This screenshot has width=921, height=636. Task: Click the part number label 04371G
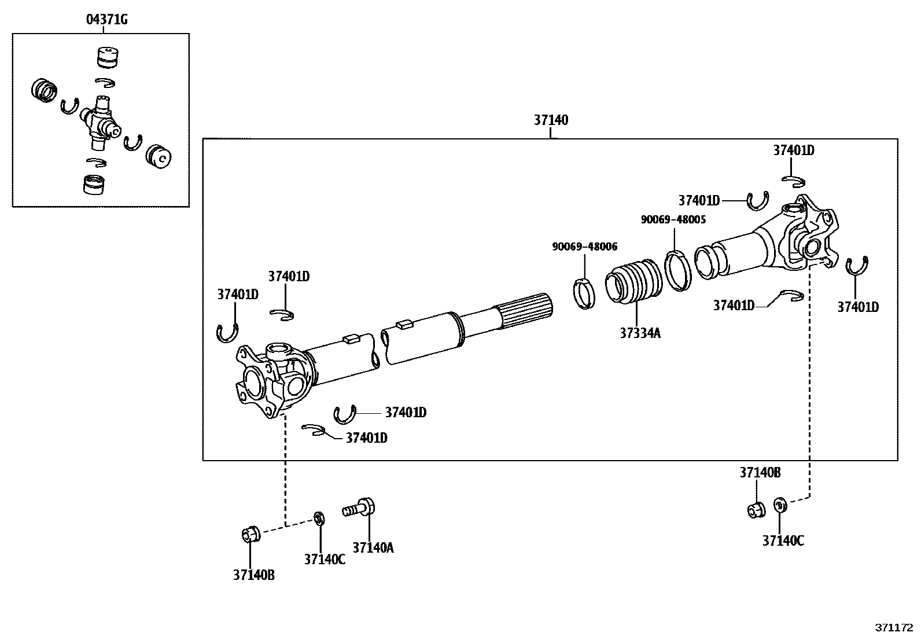point(106,20)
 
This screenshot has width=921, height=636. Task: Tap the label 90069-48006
point(584,247)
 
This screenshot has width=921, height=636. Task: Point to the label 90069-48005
point(673,220)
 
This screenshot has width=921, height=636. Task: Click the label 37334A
point(640,333)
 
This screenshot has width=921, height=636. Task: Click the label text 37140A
point(373,547)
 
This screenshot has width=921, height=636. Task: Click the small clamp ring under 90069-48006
point(584,293)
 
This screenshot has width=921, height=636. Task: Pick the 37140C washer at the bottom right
point(779,505)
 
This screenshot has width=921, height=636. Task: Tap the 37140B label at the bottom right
point(760,473)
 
